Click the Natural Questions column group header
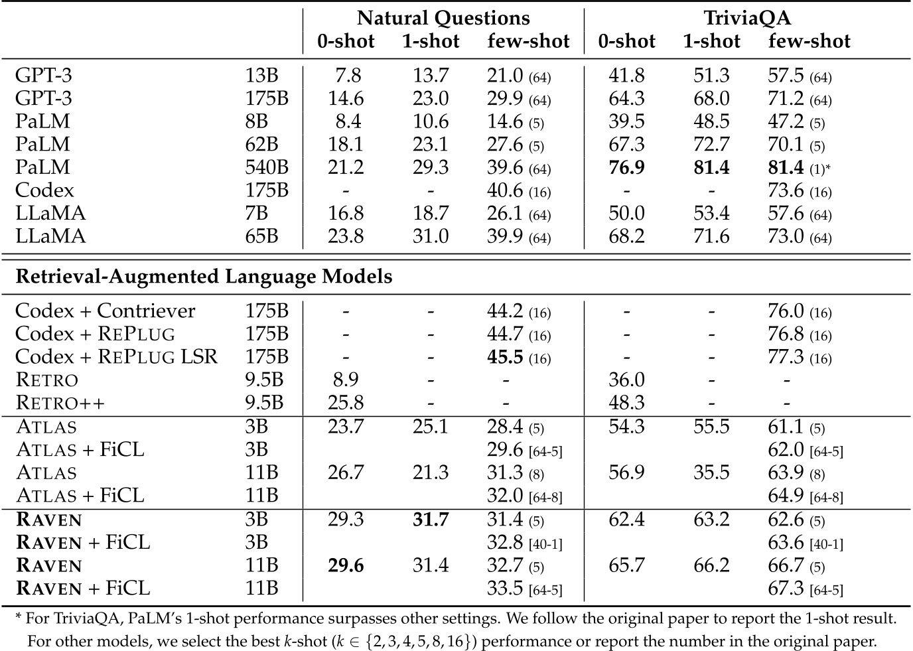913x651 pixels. [443, 18]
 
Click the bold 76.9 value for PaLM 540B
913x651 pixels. [626, 167]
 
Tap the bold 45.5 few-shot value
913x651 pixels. [505, 357]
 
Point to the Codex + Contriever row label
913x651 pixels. [105, 311]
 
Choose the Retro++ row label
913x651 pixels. [60, 403]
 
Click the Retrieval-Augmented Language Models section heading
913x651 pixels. [204, 276]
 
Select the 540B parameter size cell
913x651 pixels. [267, 167]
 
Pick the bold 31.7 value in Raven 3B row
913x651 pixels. [431, 519]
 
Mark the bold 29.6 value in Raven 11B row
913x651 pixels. [346, 565]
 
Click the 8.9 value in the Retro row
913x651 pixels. [346, 380]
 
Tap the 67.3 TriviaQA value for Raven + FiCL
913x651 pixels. [786, 588]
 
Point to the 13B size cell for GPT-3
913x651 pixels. [261, 76]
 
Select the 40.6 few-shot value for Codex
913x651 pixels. [505, 190]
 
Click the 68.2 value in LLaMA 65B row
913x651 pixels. [626, 236]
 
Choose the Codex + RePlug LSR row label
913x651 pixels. [116, 357]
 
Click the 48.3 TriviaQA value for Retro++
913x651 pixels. [626, 403]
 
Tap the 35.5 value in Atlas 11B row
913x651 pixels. [711, 472]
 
